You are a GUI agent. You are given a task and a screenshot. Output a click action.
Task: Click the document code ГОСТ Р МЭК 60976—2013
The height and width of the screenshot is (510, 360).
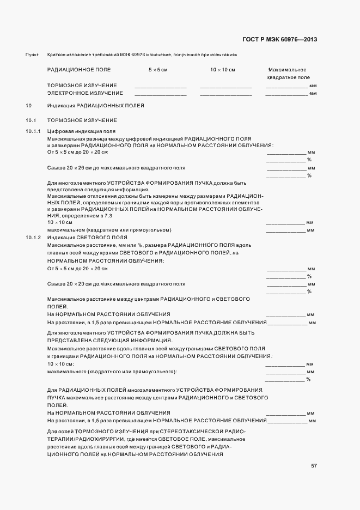tap(279, 39)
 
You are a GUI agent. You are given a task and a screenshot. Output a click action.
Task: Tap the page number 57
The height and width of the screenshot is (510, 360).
tap(314, 466)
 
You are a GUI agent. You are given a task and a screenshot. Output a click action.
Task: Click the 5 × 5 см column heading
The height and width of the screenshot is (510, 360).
tap(158, 70)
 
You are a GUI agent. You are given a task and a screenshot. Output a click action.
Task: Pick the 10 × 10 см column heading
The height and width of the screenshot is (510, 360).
tap(223, 70)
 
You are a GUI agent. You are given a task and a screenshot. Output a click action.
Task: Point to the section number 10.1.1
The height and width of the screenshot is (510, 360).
tap(34, 131)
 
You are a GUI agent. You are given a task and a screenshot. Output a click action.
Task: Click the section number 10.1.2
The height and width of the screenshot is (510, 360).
tap(34, 238)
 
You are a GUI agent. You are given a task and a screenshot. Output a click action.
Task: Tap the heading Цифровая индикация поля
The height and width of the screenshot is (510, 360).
tap(74, 131)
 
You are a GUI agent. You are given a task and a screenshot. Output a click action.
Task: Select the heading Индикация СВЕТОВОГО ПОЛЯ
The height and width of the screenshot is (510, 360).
tap(87, 238)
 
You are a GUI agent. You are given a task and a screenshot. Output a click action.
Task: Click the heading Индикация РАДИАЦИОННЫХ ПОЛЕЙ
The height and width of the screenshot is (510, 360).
tap(95, 105)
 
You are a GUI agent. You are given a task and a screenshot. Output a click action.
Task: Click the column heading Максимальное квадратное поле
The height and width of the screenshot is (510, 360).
tap(288, 74)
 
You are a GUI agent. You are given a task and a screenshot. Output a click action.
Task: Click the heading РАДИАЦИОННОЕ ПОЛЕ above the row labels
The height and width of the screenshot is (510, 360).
tap(79, 70)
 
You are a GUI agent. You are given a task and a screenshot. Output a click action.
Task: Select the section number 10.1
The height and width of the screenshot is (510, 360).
tap(30, 120)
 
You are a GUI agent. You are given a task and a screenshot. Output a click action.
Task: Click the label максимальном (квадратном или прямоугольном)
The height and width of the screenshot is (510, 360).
tap(109, 230)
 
